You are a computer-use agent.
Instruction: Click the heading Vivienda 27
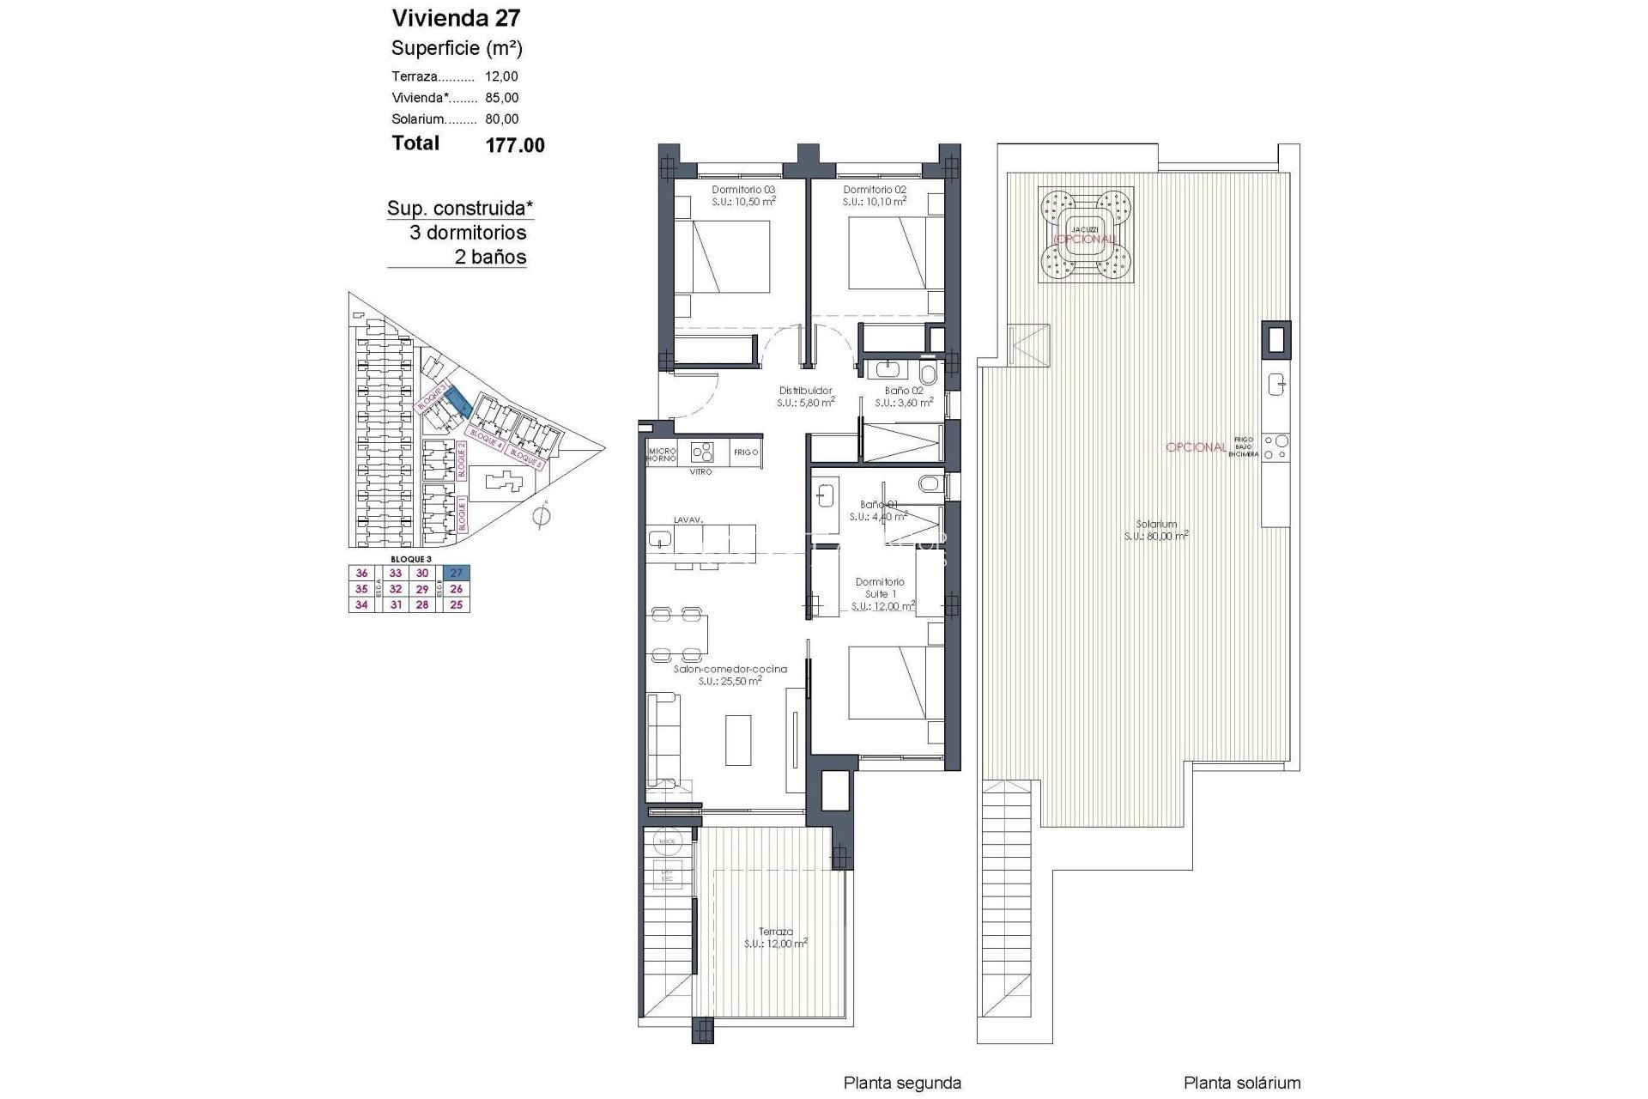click(456, 18)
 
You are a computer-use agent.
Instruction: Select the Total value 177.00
click(515, 145)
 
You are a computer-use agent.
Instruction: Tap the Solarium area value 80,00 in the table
click(501, 119)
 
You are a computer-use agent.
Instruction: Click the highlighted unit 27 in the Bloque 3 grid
click(457, 574)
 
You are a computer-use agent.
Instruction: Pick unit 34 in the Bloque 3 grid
click(361, 604)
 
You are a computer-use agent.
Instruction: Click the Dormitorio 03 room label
click(743, 190)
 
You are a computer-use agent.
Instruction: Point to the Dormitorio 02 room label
click(875, 190)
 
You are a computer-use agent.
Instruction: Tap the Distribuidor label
click(805, 391)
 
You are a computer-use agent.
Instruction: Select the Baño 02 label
click(904, 391)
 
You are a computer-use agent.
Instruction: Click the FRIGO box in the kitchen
click(746, 452)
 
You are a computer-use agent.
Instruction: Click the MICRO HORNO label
click(662, 455)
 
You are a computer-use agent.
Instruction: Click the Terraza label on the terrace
click(775, 932)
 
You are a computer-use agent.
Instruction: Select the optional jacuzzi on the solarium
click(1085, 235)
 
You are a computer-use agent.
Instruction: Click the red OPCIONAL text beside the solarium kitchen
click(1196, 447)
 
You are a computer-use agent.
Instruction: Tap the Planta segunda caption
click(902, 1084)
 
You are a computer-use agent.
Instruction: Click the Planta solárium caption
click(1242, 1084)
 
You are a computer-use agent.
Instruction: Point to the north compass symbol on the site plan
click(540, 516)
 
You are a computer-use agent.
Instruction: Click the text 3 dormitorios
click(468, 233)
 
